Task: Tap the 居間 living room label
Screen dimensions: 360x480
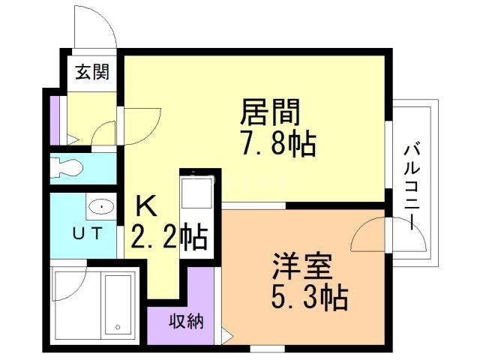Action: click(270, 112)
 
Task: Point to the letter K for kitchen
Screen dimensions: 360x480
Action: click(145, 205)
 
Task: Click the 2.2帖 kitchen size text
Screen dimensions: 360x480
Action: click(169, 238)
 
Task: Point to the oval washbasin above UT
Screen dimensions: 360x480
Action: click(100, 205)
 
